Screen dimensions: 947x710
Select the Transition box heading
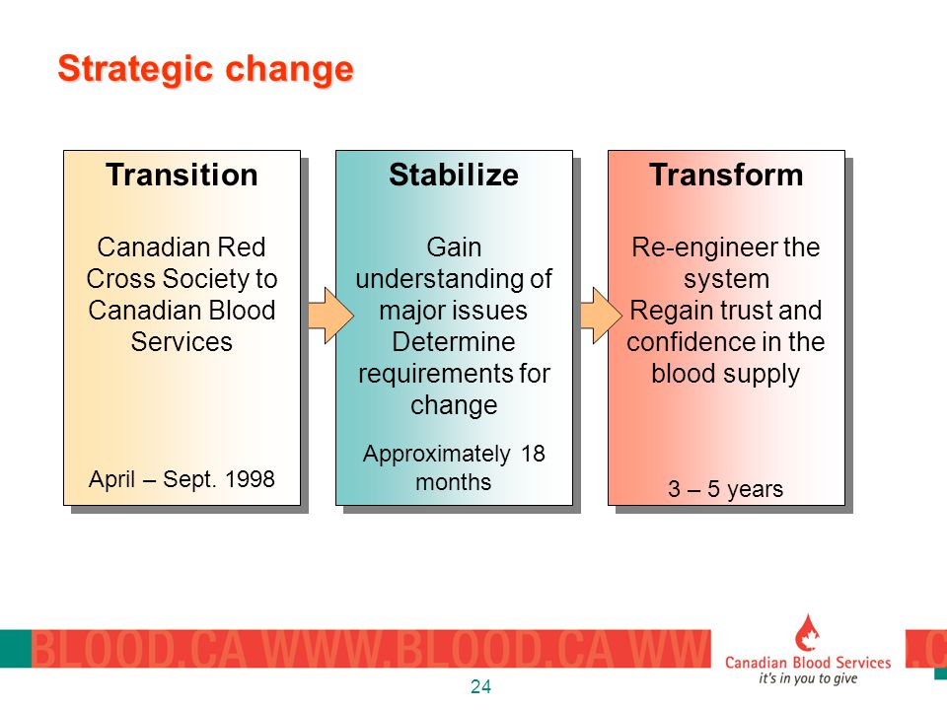click(182, 176)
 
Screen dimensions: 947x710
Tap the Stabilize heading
click(454, 176)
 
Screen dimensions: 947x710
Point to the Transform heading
click(726, 176)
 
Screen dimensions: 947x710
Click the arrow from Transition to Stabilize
click(330, 316)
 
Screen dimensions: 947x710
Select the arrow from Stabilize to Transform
click(601, 316)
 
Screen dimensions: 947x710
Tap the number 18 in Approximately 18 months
click(533, 454)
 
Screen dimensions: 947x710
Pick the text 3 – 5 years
click(725, 489)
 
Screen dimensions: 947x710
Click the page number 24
click(480, 686)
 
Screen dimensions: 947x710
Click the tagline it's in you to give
click(808, 678)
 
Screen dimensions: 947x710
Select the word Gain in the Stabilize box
click(454, 248)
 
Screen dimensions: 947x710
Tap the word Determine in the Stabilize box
click(454, 342)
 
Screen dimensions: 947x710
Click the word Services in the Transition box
click(182, 342)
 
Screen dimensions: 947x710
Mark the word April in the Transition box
click(111, 479)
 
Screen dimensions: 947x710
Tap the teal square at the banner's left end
click(16, 649)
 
